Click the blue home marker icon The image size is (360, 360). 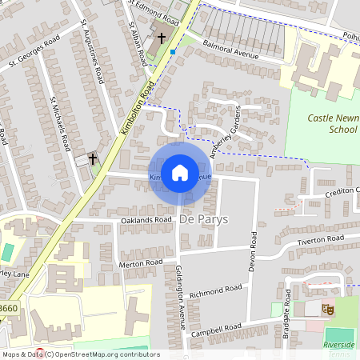180,173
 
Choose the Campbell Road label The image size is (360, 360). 222,328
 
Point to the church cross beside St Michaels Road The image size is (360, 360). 92,159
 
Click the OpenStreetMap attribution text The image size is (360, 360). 80,354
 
